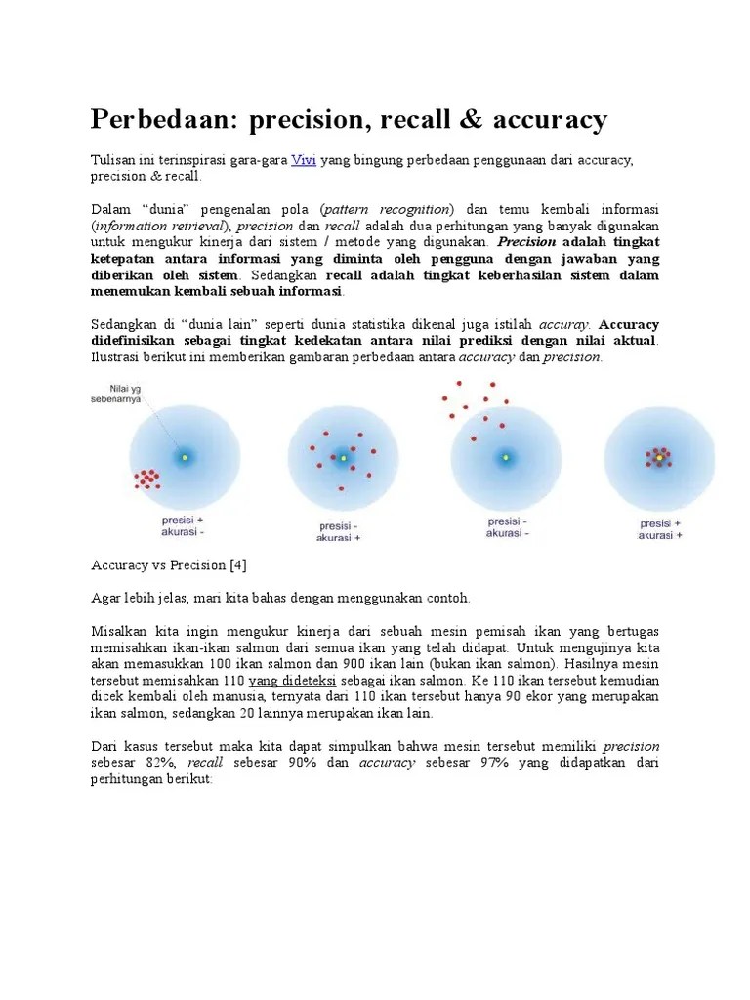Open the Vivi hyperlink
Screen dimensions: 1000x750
pyautogui.click(x=304, y=160)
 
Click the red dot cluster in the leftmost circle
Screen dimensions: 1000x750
pyautogui.click(x=147, y=478)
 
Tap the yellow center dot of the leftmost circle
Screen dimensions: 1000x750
pyautogui.click(x=184, y=456)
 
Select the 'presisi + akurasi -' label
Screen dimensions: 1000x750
pyautogui.click(x=183, y=526)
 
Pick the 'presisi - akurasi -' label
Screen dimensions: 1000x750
pyautogui.click(x=508, y=527)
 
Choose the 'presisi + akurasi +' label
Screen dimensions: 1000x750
pyautogui.click(x=660, y=529)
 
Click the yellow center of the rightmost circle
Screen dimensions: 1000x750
pyautogui.click(x=659, y=456)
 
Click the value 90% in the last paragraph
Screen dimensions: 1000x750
pyautogui.click(x=304, y=764)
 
